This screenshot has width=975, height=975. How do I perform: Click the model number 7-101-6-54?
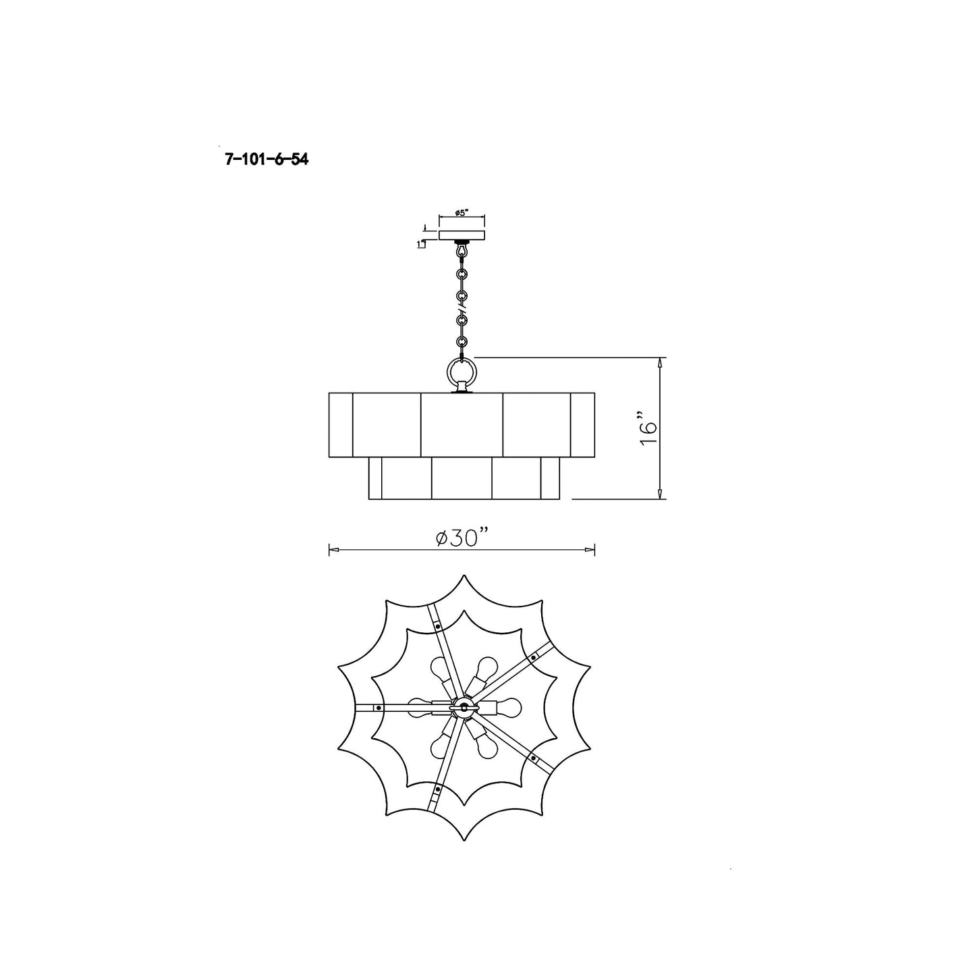[267, 160]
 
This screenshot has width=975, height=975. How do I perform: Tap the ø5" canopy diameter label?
[461, 213]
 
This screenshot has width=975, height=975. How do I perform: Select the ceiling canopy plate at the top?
[462, 235]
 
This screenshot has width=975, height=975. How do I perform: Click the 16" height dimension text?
[648, 428]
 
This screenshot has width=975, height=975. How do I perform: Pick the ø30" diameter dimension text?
[462, 537]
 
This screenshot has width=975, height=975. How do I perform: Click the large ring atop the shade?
[462, 374]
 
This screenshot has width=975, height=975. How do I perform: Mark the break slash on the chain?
[462, 308]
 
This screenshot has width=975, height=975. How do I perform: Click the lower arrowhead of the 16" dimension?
[659, 493]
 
